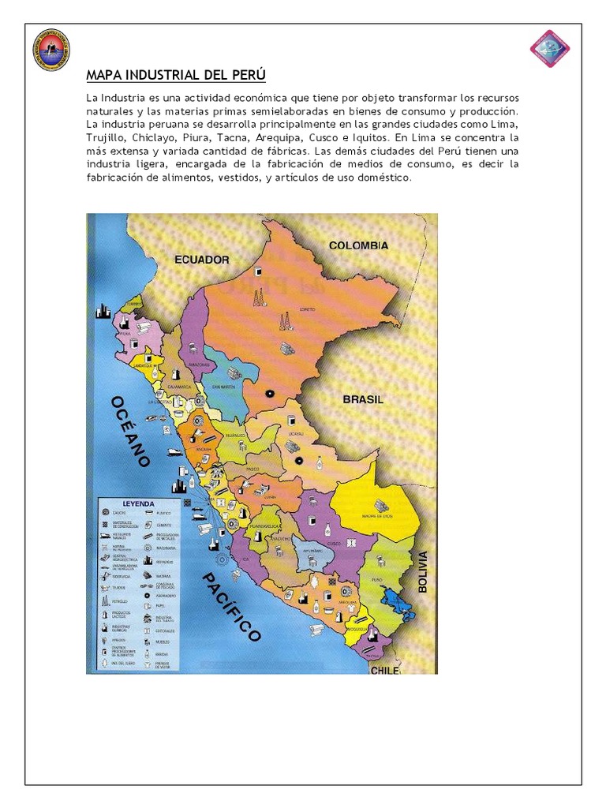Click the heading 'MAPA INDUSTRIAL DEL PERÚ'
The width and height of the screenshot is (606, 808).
coord(176,76)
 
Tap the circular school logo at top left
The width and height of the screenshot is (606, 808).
coord(52,50)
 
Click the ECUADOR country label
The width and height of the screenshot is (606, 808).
coord(201,260)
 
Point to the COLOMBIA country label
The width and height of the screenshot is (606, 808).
coord(358,245)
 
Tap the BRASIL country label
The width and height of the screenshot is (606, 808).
coord(363,400)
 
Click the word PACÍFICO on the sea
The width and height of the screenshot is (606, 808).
coord(231,608)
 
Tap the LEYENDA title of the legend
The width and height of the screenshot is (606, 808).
coord(138,503)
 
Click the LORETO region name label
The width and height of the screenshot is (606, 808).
coord(307,310)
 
